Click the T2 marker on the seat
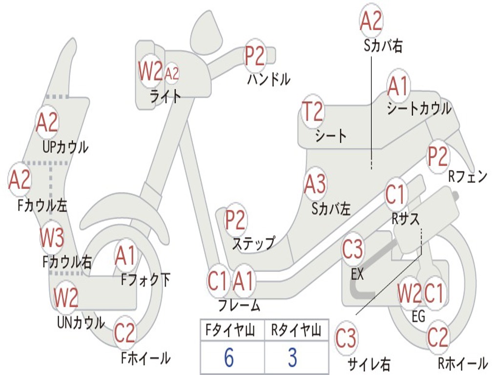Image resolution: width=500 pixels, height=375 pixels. [x=312, y=112]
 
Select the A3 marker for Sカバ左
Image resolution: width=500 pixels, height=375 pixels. [x=315, y=184]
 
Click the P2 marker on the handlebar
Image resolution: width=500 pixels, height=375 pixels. [x=255, y=55]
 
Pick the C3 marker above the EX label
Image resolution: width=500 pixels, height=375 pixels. [x=353, y=250]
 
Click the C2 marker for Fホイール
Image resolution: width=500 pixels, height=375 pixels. [x=125, y=333]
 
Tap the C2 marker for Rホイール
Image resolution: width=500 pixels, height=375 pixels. [x=437, y=337]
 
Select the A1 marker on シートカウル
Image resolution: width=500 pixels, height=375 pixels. [x=398, y=87]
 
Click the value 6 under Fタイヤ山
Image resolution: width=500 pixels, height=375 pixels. [x=229, y=357]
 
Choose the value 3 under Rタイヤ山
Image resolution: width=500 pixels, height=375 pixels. [x=292, y=357]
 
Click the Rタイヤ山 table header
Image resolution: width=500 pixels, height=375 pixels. [x=296, y=332]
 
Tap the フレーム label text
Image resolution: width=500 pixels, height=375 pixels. [x=239, y=306]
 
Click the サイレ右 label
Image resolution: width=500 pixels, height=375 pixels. [x=369, y=364]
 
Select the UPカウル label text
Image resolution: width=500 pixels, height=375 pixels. [x=65, y=146]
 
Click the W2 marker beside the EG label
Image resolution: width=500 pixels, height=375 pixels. [x=409, y=294]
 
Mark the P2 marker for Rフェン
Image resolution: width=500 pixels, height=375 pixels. [x=437, y=157]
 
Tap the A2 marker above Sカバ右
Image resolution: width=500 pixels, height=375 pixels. [x=371, y=21]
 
